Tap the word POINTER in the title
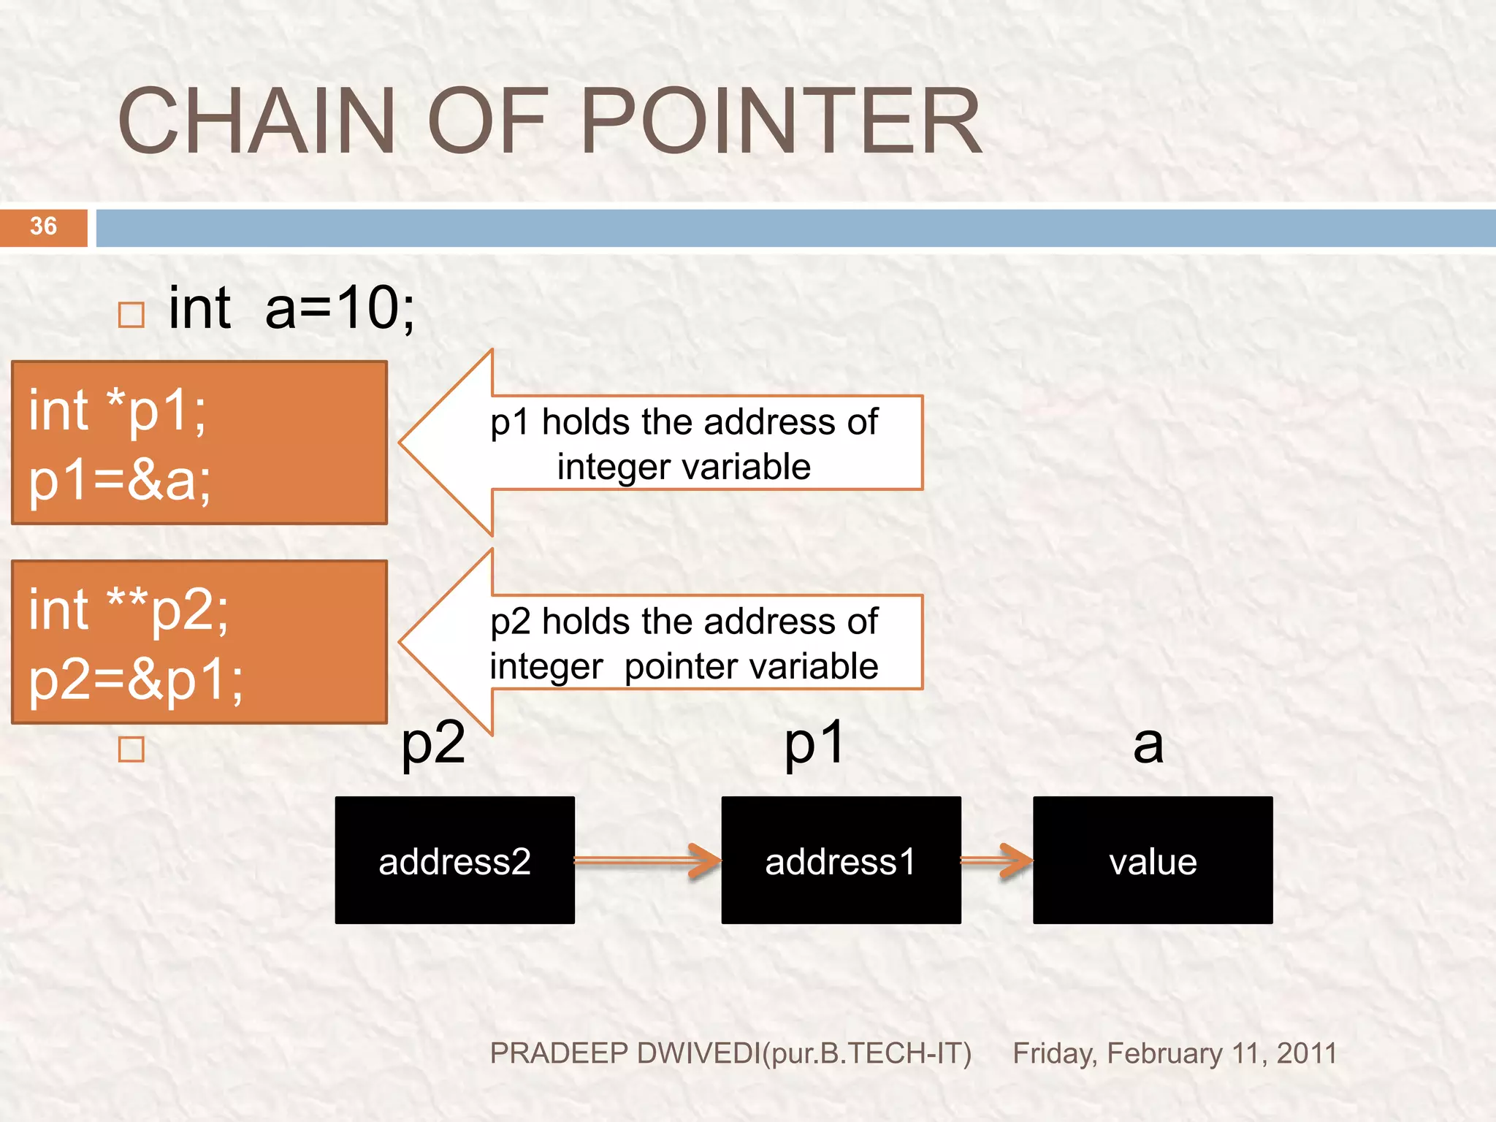780,121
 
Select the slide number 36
43,226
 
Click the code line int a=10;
291,308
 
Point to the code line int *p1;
118,411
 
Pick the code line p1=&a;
120,481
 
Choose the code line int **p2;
129,610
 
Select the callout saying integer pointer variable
684,644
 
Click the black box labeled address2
454,860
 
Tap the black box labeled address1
841,860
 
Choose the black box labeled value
1153,860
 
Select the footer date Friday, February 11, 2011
1175,1053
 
